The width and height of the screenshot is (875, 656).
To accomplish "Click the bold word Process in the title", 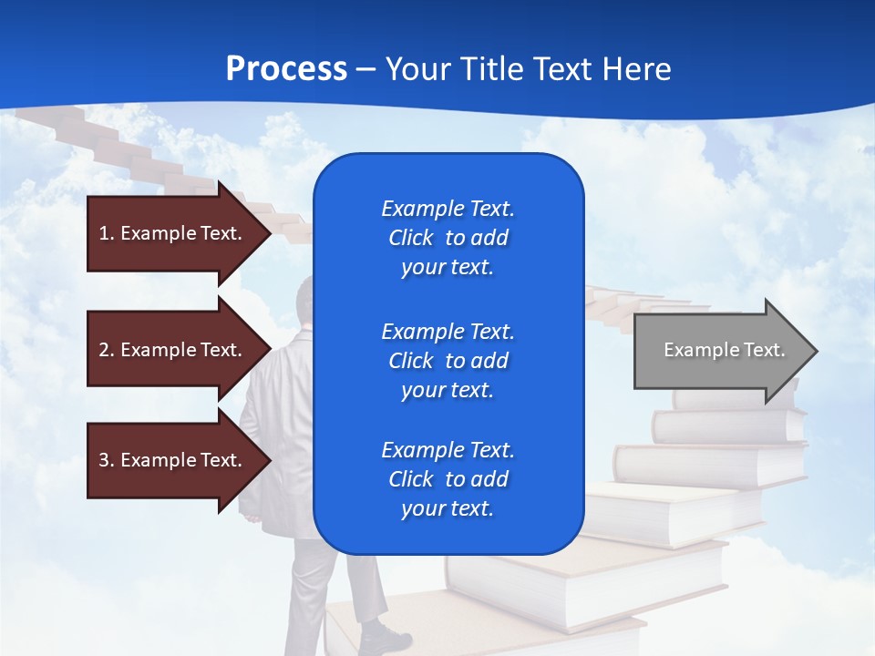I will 286,68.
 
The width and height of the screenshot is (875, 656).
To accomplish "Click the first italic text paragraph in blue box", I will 448,238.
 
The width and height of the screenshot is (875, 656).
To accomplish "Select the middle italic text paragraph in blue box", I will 448,360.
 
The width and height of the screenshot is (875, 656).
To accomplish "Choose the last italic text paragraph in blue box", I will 448,479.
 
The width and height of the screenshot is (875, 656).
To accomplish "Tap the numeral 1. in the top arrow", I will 107,233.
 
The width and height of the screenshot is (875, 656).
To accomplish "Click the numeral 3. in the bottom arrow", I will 107,460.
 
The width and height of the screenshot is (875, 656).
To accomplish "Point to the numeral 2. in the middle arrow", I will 107,350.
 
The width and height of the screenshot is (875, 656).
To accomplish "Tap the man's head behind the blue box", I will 304,301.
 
